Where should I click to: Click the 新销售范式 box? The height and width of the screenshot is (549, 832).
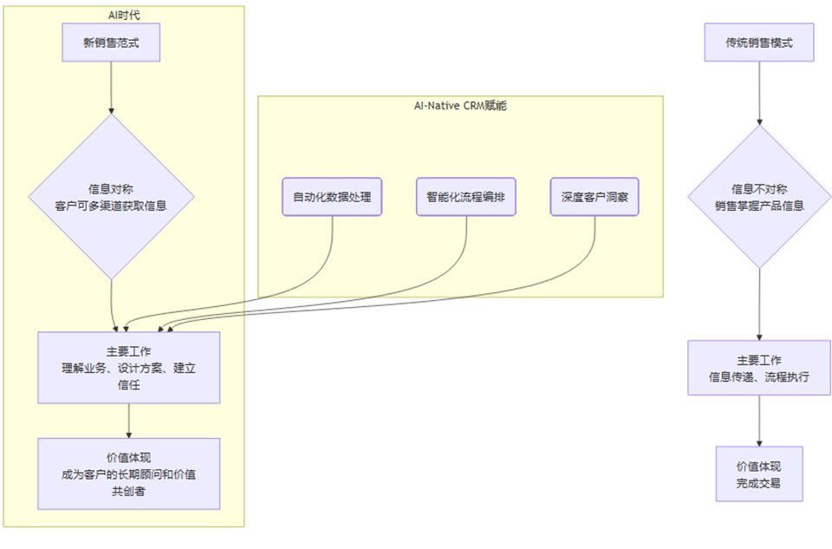click(111, 42)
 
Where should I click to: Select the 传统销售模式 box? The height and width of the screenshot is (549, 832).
click(759, 42)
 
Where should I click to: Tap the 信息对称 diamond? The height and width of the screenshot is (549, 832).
click(111, 197)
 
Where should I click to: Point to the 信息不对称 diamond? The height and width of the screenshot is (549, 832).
click(759, 197)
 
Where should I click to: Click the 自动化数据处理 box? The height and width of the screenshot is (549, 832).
click(332, 197)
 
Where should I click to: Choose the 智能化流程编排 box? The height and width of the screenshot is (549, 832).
click(465, 197)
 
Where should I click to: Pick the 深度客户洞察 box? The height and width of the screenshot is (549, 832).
click(595, 197)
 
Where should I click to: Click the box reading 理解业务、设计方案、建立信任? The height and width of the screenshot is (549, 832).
click(128, 367)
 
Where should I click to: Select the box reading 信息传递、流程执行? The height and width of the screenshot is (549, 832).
click(759, 368)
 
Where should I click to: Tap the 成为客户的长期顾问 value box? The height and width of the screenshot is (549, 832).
click(128, 474)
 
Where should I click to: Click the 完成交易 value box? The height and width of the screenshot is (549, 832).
click(759, 474)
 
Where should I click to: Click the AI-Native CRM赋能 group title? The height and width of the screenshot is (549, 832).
click(460, 105)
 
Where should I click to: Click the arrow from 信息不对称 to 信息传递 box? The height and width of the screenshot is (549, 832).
click(759, 304)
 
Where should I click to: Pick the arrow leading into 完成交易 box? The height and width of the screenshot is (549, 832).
click(759, 421)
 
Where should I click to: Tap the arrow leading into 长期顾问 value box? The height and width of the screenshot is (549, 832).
click(128, 421)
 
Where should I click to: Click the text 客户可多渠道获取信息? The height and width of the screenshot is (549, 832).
click(111, 206)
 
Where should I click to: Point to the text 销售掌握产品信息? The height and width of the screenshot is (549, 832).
click(759, 206)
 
